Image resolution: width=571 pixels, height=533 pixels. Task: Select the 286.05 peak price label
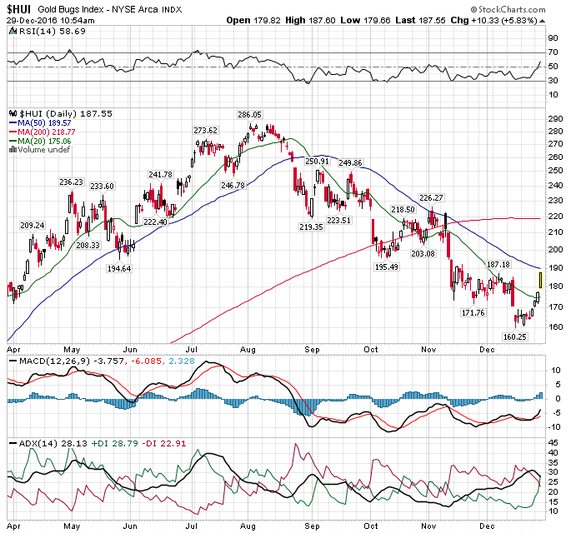click(249, 115)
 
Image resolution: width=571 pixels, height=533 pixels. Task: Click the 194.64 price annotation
click(120, 269)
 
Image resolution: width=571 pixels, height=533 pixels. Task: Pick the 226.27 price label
click(431, 197)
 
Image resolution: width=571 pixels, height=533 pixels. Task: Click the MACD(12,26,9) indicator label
click(42, 361)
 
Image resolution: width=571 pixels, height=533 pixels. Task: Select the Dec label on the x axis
click(487, 350)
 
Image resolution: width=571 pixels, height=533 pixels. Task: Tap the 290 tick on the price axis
click(553, 118)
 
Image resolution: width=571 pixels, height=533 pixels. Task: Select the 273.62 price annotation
click(205, 131)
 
